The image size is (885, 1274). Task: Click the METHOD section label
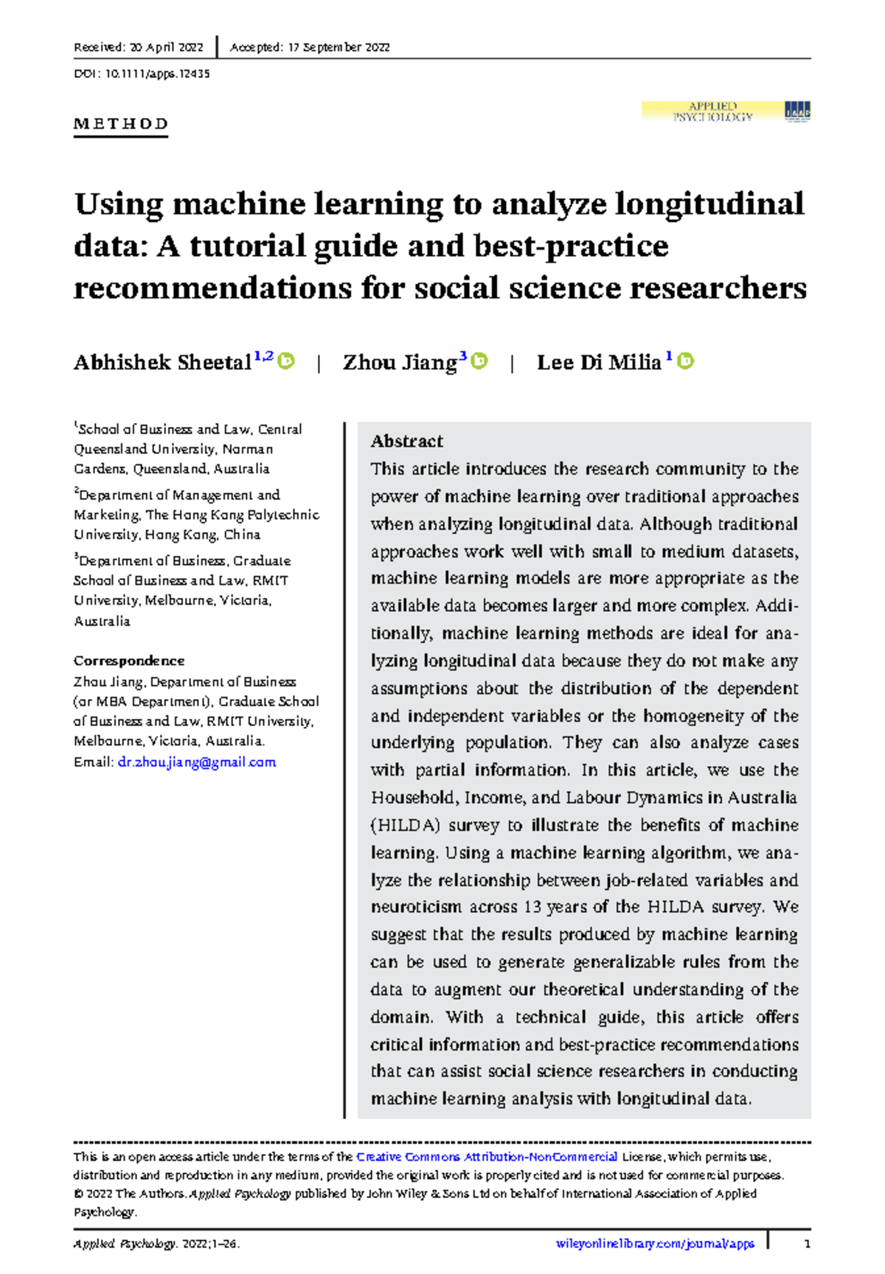coord(121,124)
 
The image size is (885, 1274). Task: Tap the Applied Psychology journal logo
coord(726,112)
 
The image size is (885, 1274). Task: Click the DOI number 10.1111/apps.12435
coord(157,74)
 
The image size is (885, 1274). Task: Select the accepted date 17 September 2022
coord(337,47)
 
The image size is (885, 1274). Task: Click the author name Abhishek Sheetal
coord(162,362)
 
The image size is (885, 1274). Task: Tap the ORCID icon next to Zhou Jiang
coord(480,361)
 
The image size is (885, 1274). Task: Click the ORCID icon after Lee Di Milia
coord(686,361)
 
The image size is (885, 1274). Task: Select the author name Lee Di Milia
coord(598,362)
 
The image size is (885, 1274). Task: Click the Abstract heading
coord(406,441)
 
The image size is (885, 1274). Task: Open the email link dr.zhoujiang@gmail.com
coord(197,762)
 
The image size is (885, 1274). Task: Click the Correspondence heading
coord(129,661)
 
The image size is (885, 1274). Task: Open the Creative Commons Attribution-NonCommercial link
coord(487,1157)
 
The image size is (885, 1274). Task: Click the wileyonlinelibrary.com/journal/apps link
coord(655,1244)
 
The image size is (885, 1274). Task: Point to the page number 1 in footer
coord(808,1244)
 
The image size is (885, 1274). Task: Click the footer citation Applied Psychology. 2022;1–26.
coord(156,1244)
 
